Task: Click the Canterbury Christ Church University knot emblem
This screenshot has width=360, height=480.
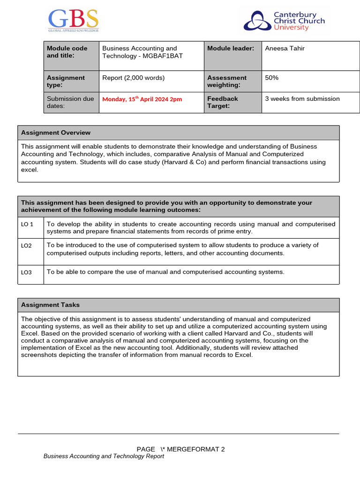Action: [257, 22]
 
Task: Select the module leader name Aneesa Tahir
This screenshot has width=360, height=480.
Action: [285, 48]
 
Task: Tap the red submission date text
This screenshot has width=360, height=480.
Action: [142, 99]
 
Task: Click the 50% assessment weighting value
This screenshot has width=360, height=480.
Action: [272, 78]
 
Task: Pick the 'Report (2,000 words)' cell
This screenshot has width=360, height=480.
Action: [134, 78]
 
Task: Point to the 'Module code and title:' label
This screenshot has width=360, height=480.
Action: [67, 52]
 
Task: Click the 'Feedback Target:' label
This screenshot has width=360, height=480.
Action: [223, 102]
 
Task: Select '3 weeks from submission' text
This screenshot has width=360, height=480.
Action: [302, 98]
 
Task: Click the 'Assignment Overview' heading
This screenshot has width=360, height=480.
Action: [56, 133]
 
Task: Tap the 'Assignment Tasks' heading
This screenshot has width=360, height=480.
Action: [50, 305]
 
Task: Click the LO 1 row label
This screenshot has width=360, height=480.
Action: [27, 224]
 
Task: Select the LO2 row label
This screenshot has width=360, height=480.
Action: [26, 246]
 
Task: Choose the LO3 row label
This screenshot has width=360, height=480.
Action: [26, 272]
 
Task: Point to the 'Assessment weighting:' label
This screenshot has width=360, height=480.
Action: [227, 81]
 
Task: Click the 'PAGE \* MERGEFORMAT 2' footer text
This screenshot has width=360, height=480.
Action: [180, 449]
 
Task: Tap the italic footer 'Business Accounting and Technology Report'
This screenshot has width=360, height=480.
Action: [104, 456]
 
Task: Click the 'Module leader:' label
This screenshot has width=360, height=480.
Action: [231, 48]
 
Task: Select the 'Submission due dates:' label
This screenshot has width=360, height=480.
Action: [66, 102]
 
